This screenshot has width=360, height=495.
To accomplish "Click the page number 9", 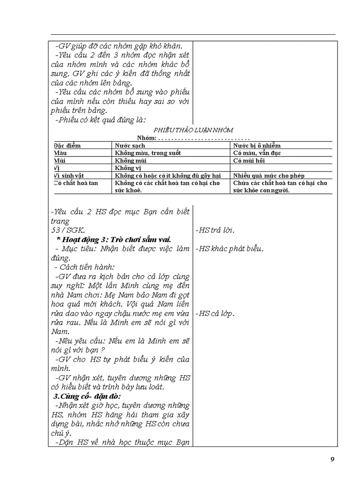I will [x=332, y=459].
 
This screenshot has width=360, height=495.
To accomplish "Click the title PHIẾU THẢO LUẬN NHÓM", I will [x=194, y=130].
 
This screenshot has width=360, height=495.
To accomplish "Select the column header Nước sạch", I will [x=130, y=145].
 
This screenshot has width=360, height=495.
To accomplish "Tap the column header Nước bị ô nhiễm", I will [x=257, y=145].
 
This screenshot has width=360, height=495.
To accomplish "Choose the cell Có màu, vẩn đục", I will [x=257, y=153].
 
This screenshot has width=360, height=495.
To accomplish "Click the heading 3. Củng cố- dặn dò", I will [x=84, y=396].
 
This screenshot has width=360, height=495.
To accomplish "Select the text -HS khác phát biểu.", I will [x=229, y=249].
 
